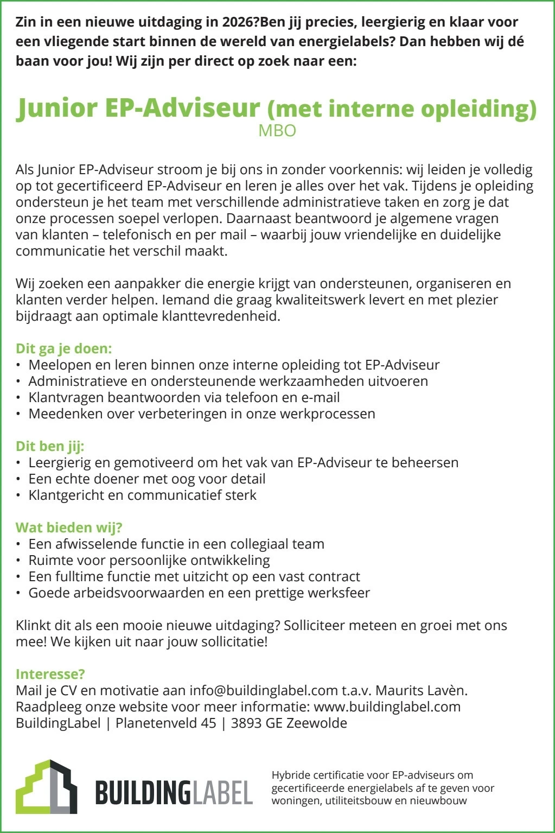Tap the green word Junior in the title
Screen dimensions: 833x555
click(x=56, y=108)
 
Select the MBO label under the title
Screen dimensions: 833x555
click(x=277, y=131)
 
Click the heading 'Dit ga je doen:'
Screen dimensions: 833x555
click(x=63, y=348)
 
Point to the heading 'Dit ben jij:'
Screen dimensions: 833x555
click(x=50, y=446)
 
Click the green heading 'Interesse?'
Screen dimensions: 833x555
click(x=50, y=674)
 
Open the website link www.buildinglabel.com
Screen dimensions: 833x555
click(x=387, y=707)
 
